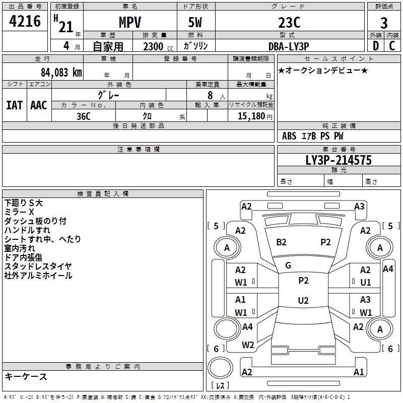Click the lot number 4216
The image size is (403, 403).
pos(25,22)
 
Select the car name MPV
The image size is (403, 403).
pos(129,23)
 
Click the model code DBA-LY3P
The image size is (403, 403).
pos(288,46)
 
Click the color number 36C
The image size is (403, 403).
pos(83,115)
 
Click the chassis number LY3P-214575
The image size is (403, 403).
pos(339,160)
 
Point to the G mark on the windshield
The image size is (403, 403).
pos(288,265)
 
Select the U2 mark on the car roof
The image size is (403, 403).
pos(303,301)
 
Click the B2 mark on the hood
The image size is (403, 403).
pos(281,242)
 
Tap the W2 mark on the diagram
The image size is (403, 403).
pos(247,345)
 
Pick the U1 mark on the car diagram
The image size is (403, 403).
pos(365,283)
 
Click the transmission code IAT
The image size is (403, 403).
pos(14,105)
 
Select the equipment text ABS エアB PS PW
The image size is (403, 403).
pos(313,136)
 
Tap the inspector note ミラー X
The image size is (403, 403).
pos(19,212)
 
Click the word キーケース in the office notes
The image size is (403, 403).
pos(26,376)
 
